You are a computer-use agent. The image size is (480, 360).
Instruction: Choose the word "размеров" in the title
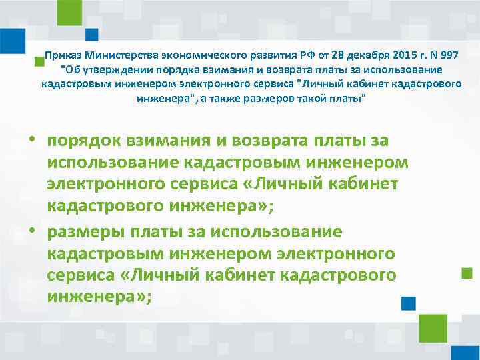tap(277, 99)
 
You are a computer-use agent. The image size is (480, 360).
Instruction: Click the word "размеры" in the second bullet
tap(85, 232)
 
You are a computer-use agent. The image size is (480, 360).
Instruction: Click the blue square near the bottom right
tap(409, 303)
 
